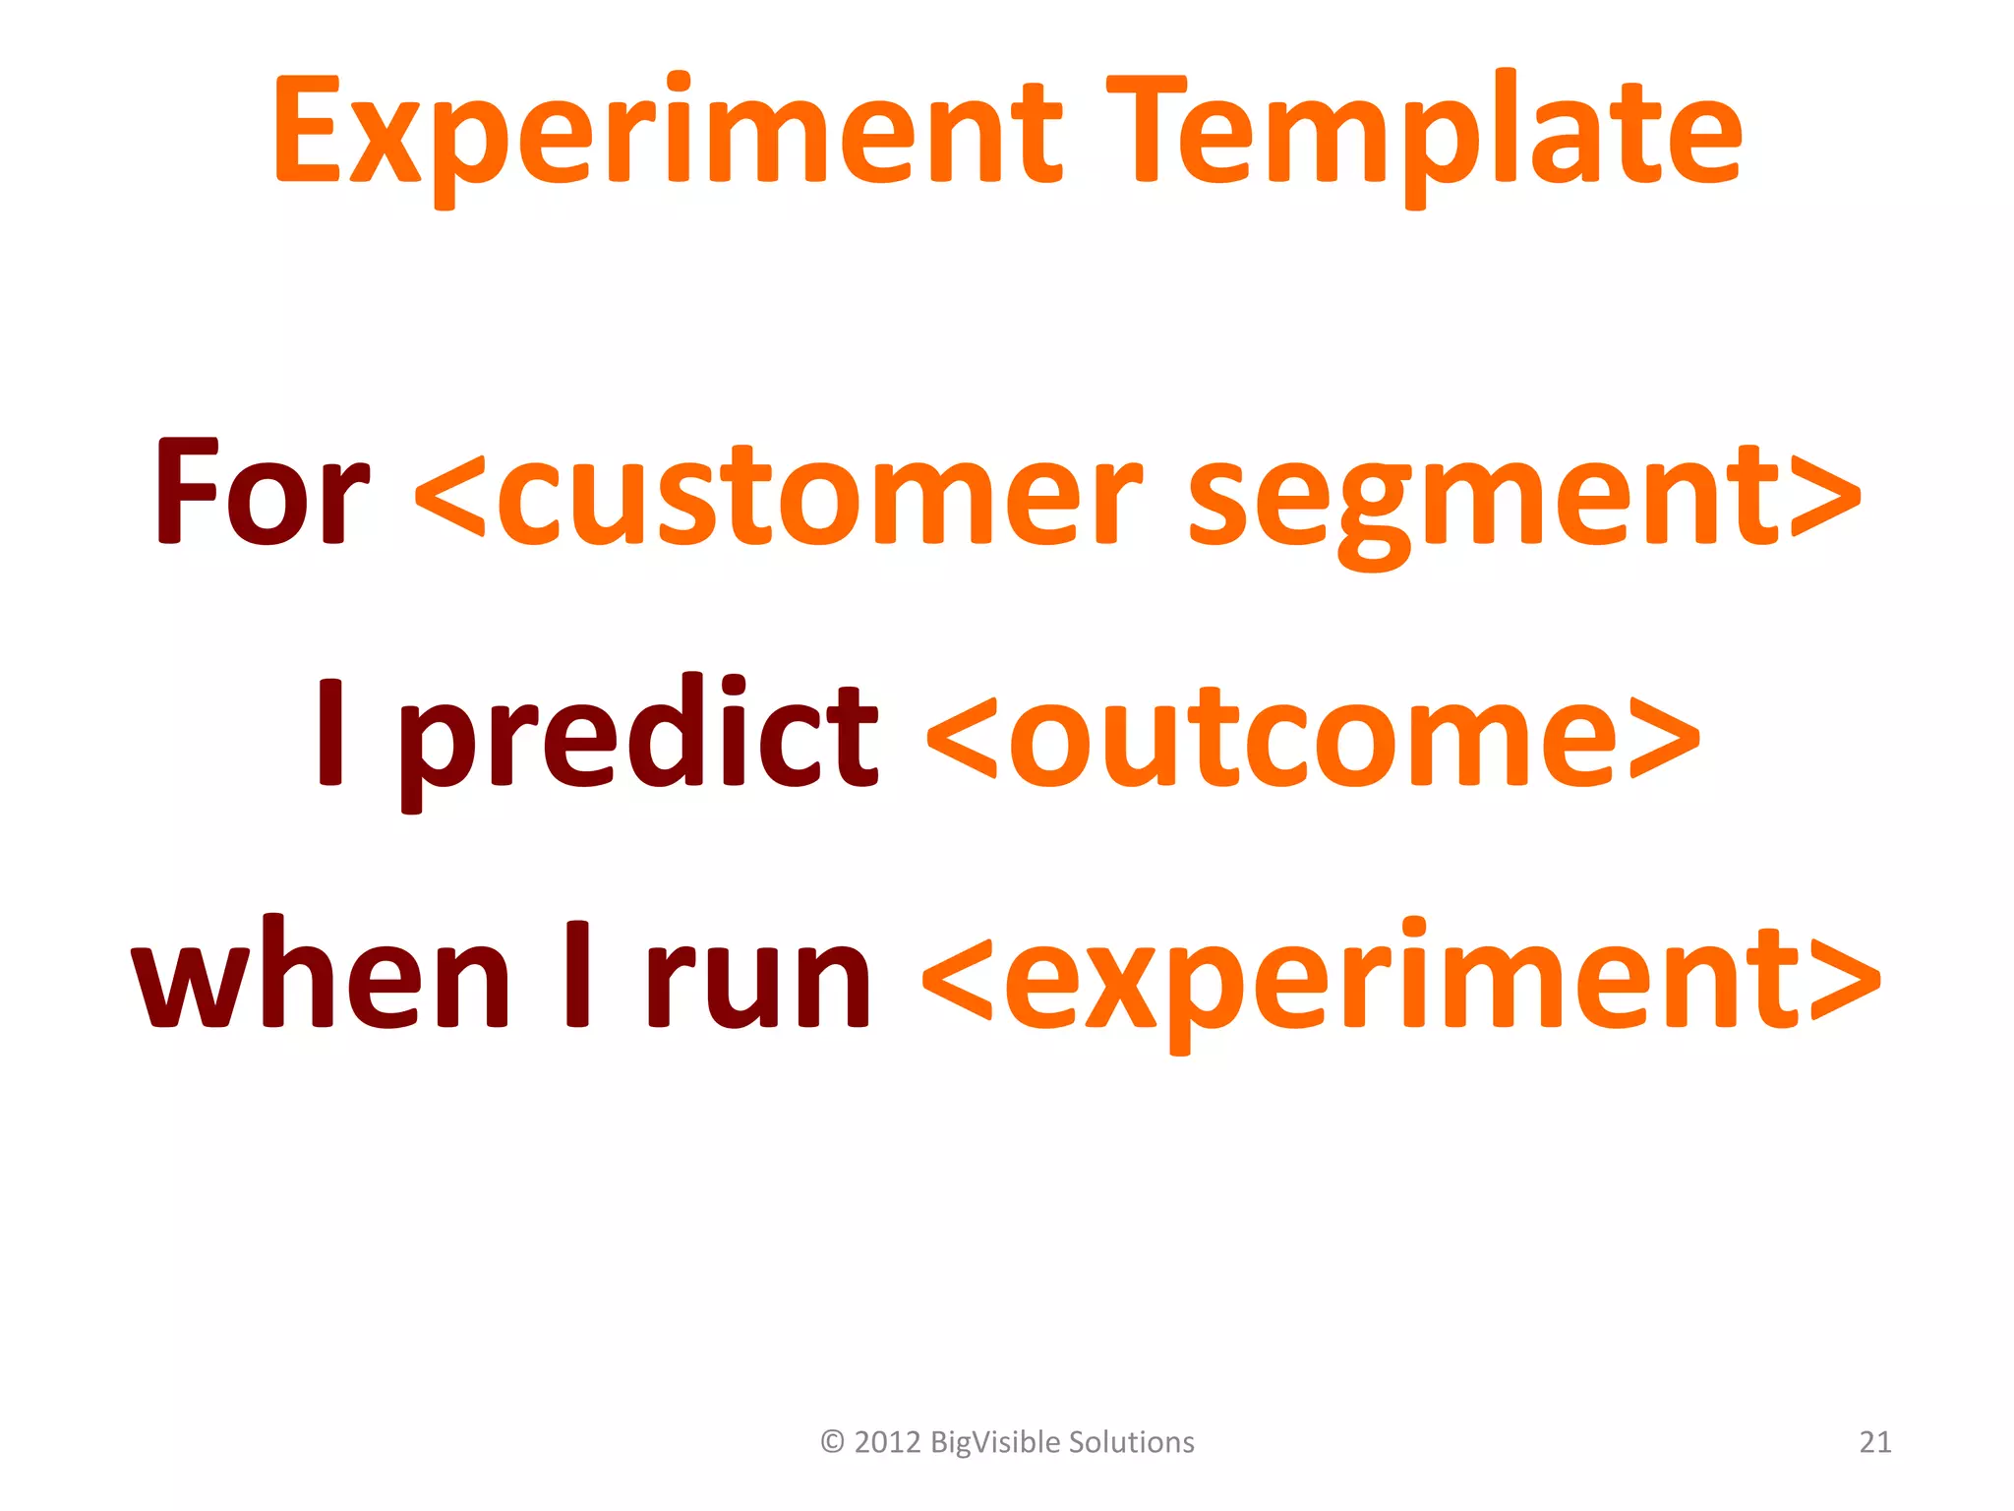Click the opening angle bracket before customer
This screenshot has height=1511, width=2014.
coord(450,497)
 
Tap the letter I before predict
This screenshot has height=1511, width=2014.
coord(331,733)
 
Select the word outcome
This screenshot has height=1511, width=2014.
coord(1313,738)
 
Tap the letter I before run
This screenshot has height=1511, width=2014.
coord(578,974)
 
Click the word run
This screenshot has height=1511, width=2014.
coord(757,979)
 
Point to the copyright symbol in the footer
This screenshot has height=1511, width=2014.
coord(832,1442)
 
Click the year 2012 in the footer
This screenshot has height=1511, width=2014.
coord(887,1442)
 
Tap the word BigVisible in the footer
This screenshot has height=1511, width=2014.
coord(993,1442)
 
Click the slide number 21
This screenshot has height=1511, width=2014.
coord(1875,1442)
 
